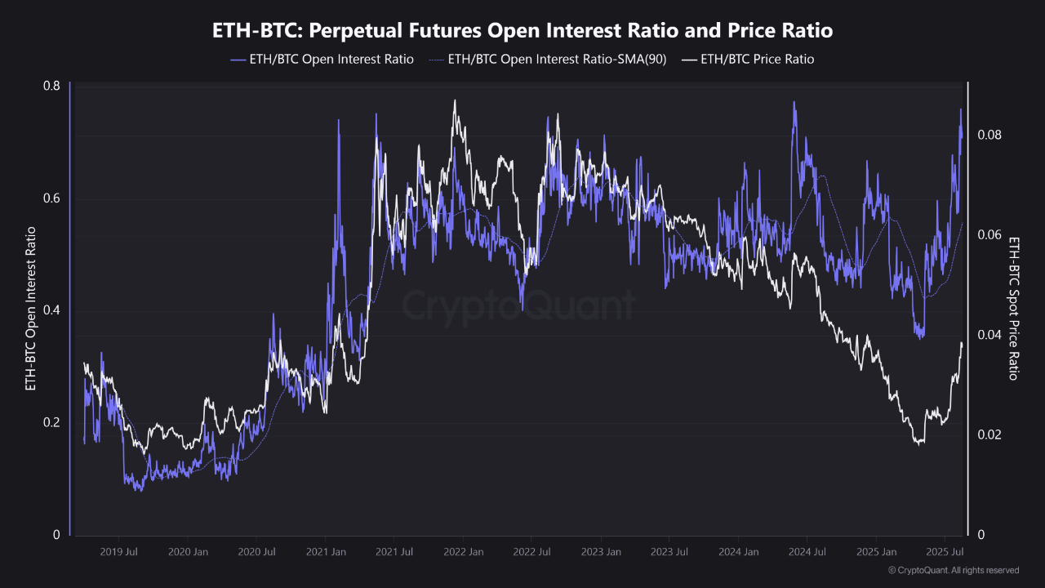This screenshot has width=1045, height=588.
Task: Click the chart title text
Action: (522, 31)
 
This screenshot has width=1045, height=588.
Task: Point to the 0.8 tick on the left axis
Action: (51, 87)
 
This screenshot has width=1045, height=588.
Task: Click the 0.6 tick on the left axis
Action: (51, 198)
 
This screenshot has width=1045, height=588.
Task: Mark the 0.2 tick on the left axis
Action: (51, 422)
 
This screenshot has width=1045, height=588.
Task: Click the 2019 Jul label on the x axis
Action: (118, 552)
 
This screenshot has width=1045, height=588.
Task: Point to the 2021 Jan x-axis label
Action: (325, 552)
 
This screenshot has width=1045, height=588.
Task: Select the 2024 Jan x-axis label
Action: (738, 552)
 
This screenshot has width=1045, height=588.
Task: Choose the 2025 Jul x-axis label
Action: (945, 552)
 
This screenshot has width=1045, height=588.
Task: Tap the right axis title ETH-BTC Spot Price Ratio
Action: (1014, 309)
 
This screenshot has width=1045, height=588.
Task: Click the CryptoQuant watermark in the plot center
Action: (518, 306)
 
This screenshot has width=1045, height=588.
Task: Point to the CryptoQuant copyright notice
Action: (954, 570)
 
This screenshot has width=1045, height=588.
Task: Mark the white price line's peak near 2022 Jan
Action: (455, 100)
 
